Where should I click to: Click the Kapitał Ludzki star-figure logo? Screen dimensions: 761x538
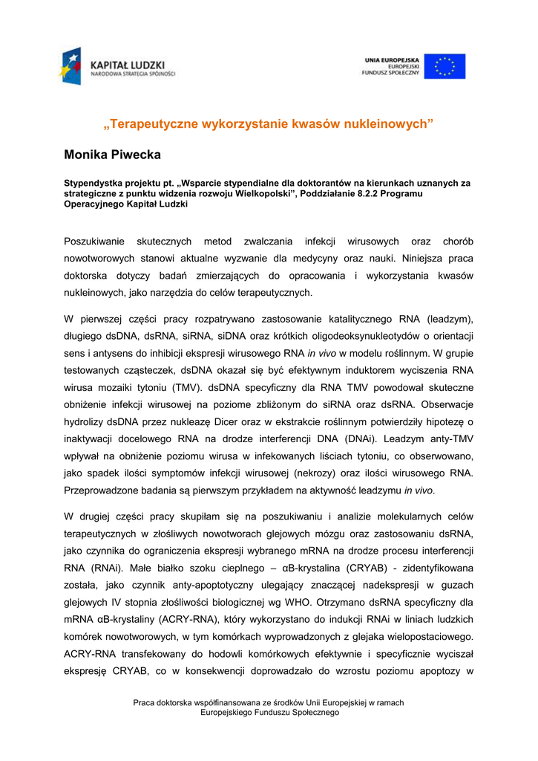click(71, 65)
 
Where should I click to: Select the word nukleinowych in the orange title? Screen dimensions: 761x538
click(390, 123)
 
